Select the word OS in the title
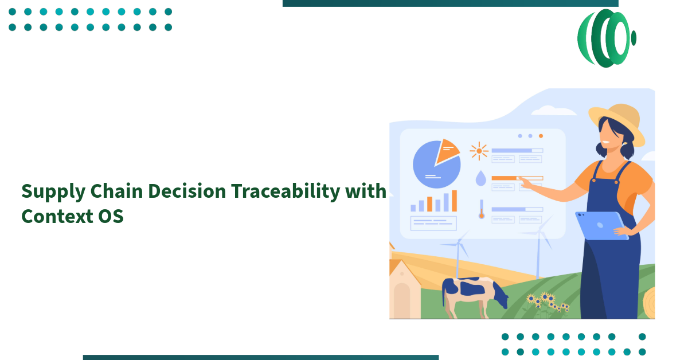110,217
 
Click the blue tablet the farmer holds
601,225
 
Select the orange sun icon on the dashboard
479,151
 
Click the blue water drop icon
480,179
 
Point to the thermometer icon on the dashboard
482,209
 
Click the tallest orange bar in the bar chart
455,201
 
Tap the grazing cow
473,292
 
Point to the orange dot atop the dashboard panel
541,136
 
